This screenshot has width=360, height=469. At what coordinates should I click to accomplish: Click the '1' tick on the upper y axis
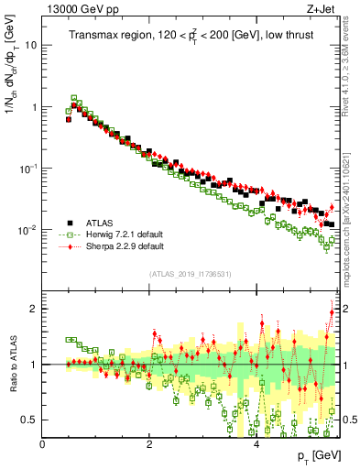pyautogui.click(x=34, y=107)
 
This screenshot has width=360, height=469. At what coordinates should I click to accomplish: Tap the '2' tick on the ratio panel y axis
pyautogui.click(x=34, y=309)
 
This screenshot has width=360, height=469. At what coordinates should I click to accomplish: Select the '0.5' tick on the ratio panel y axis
pyautogui.click(x=30, y=420)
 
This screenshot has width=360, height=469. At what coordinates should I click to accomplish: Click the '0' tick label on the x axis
pyautogui.click(x=43, y=444)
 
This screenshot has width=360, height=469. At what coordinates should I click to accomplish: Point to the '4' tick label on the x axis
pyautogui.click(x=256, y=444)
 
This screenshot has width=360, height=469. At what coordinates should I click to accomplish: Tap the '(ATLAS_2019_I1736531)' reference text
pyautogui.click(x=190, y=274)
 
